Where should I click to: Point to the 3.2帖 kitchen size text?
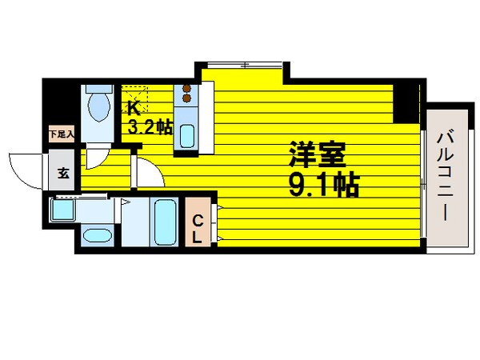click(x=150, y=126)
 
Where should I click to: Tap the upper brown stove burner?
click(x=187, y=89)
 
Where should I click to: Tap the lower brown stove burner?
click(x=187, y=98)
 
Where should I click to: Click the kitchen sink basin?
click(x=187, y=136)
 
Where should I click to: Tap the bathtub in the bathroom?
click(x=165, y=223)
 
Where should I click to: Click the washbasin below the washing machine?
click(x=98, y=236)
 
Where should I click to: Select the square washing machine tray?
click(x=62, y=210)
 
